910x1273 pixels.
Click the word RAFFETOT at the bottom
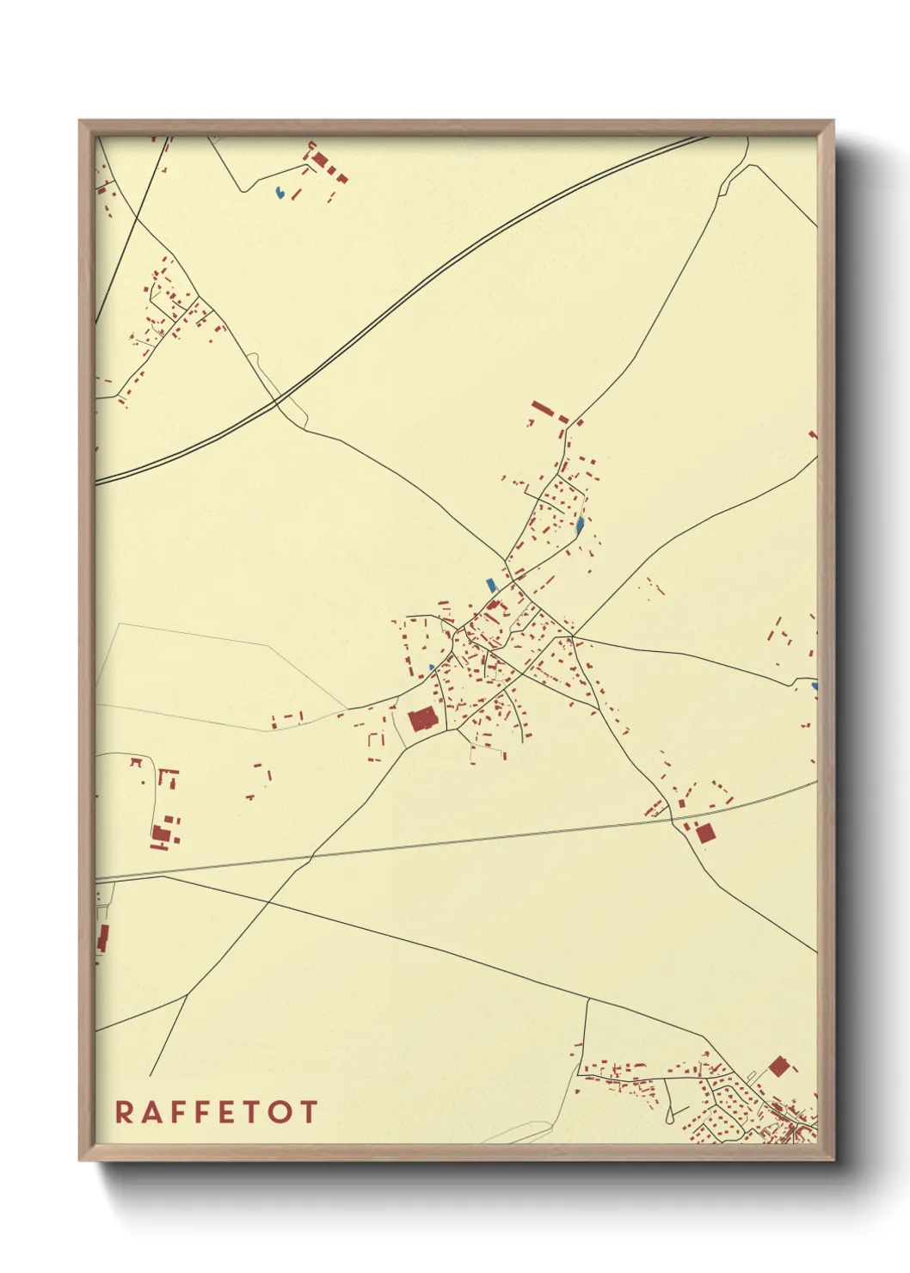tap(216, 1111)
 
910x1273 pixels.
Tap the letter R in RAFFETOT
tap(124, 1111)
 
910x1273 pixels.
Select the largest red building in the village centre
tap(422, 719)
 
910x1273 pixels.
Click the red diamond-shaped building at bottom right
tap(778, 1067)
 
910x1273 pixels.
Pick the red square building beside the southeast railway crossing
tap(704, 833)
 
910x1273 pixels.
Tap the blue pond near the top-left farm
tap(279, 193)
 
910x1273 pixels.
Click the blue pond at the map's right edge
tap(814, 686)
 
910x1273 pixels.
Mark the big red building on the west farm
tap(160, 833)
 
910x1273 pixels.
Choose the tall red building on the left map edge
tap(104, 938)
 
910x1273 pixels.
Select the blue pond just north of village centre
tap(491, 585)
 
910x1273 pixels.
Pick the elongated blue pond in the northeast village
tap(580, 524)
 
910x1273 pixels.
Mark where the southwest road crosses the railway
tap(311, 856)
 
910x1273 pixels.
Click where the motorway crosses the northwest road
tap(277, 401)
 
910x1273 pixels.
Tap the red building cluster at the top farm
tap(320, 160)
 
